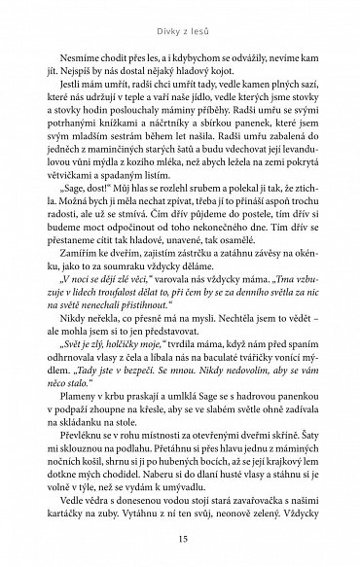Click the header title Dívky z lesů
pyautogui.click(x=180, y=16)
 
